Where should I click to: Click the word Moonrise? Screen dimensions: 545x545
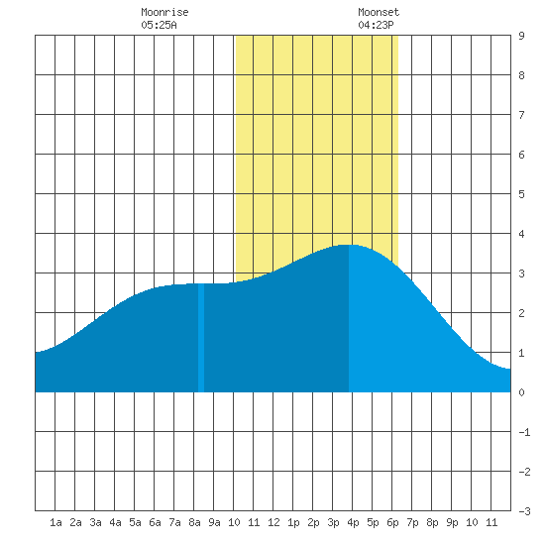pos(164,12)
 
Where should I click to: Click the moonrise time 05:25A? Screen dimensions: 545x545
pos(159,25)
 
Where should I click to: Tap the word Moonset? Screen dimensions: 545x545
pos(379,12)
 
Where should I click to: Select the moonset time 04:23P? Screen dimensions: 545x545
pos(376,25)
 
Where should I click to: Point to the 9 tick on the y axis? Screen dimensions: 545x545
pos(521,36)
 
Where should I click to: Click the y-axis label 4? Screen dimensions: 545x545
pos(521,234)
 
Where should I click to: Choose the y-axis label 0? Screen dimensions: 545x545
pos(521,392)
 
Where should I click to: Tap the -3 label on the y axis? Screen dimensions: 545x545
pos(524,511)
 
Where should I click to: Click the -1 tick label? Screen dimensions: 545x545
pos(524,432)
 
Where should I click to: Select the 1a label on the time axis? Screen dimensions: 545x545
pos(55,522)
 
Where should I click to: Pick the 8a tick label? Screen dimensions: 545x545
pos(194,522)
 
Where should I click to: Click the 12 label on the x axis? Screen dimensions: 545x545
pos(273,522)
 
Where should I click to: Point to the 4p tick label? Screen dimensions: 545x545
pos(353,522)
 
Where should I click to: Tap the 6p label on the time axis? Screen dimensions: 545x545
pos(392,522)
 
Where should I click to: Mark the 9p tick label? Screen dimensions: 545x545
pos(452,522)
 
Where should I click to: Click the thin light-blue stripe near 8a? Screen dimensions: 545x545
pos(201,338)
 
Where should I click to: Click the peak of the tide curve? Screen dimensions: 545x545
pos(349,245)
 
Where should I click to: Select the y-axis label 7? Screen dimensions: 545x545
pos(521,115)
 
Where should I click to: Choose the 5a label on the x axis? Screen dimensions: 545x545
pos(135,522)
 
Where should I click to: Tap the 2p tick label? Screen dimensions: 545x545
pos(313,522)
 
